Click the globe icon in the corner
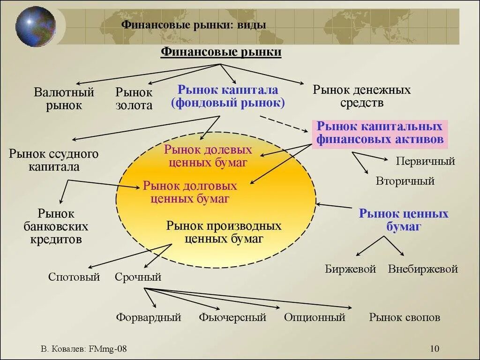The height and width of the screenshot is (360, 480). [35, 26]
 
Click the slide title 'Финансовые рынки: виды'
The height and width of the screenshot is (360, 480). [194, 24]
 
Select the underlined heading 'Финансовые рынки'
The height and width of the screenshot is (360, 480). [221, 52]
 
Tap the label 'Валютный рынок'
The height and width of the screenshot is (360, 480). [64, 99]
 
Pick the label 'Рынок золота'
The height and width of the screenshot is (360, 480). [134, 99]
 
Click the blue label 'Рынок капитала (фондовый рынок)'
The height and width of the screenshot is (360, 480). [228, 97]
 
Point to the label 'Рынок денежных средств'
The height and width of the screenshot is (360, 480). [361, 96]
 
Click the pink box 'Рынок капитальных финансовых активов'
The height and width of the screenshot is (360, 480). [380, 133]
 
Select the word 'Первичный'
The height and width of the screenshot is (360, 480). [425, 162]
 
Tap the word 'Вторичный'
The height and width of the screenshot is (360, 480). [405, 181]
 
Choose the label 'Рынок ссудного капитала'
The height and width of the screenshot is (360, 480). [53, 160]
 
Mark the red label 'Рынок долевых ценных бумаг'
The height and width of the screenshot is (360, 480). [208, 156]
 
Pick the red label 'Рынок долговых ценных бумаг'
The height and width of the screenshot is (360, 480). [190, 192]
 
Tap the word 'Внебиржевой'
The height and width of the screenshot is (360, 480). [423, 269]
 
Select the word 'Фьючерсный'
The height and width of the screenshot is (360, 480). [232, 317]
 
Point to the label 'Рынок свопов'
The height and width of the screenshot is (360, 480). [405, 317]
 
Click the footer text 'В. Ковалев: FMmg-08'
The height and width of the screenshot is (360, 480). [84, 349]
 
